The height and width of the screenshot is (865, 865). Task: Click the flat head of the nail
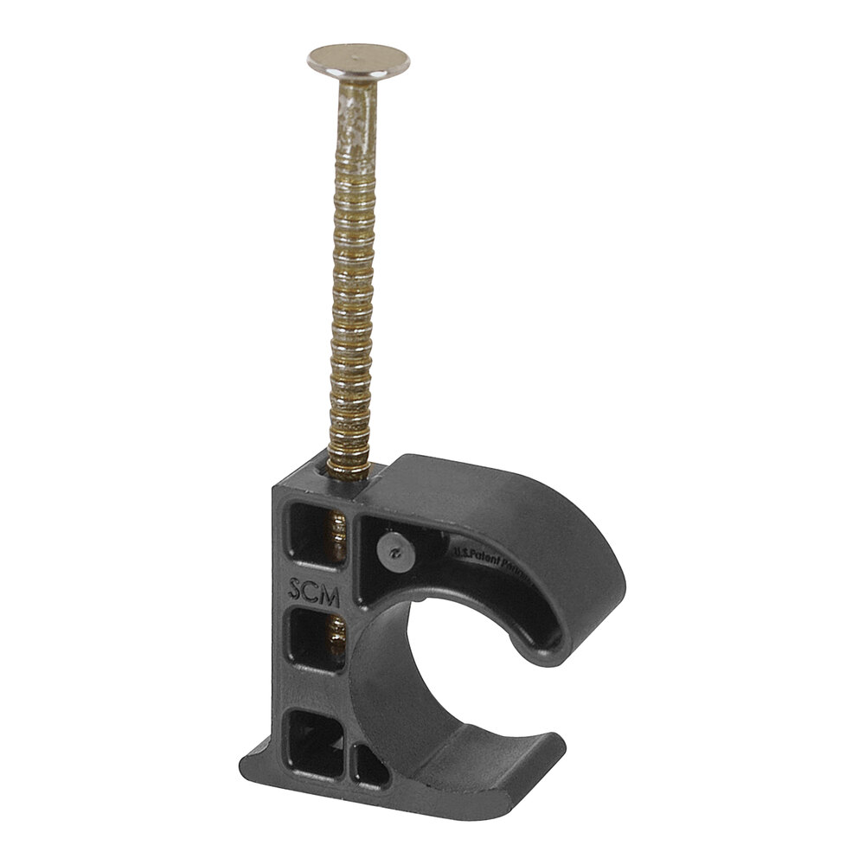(x=358, y=61)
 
